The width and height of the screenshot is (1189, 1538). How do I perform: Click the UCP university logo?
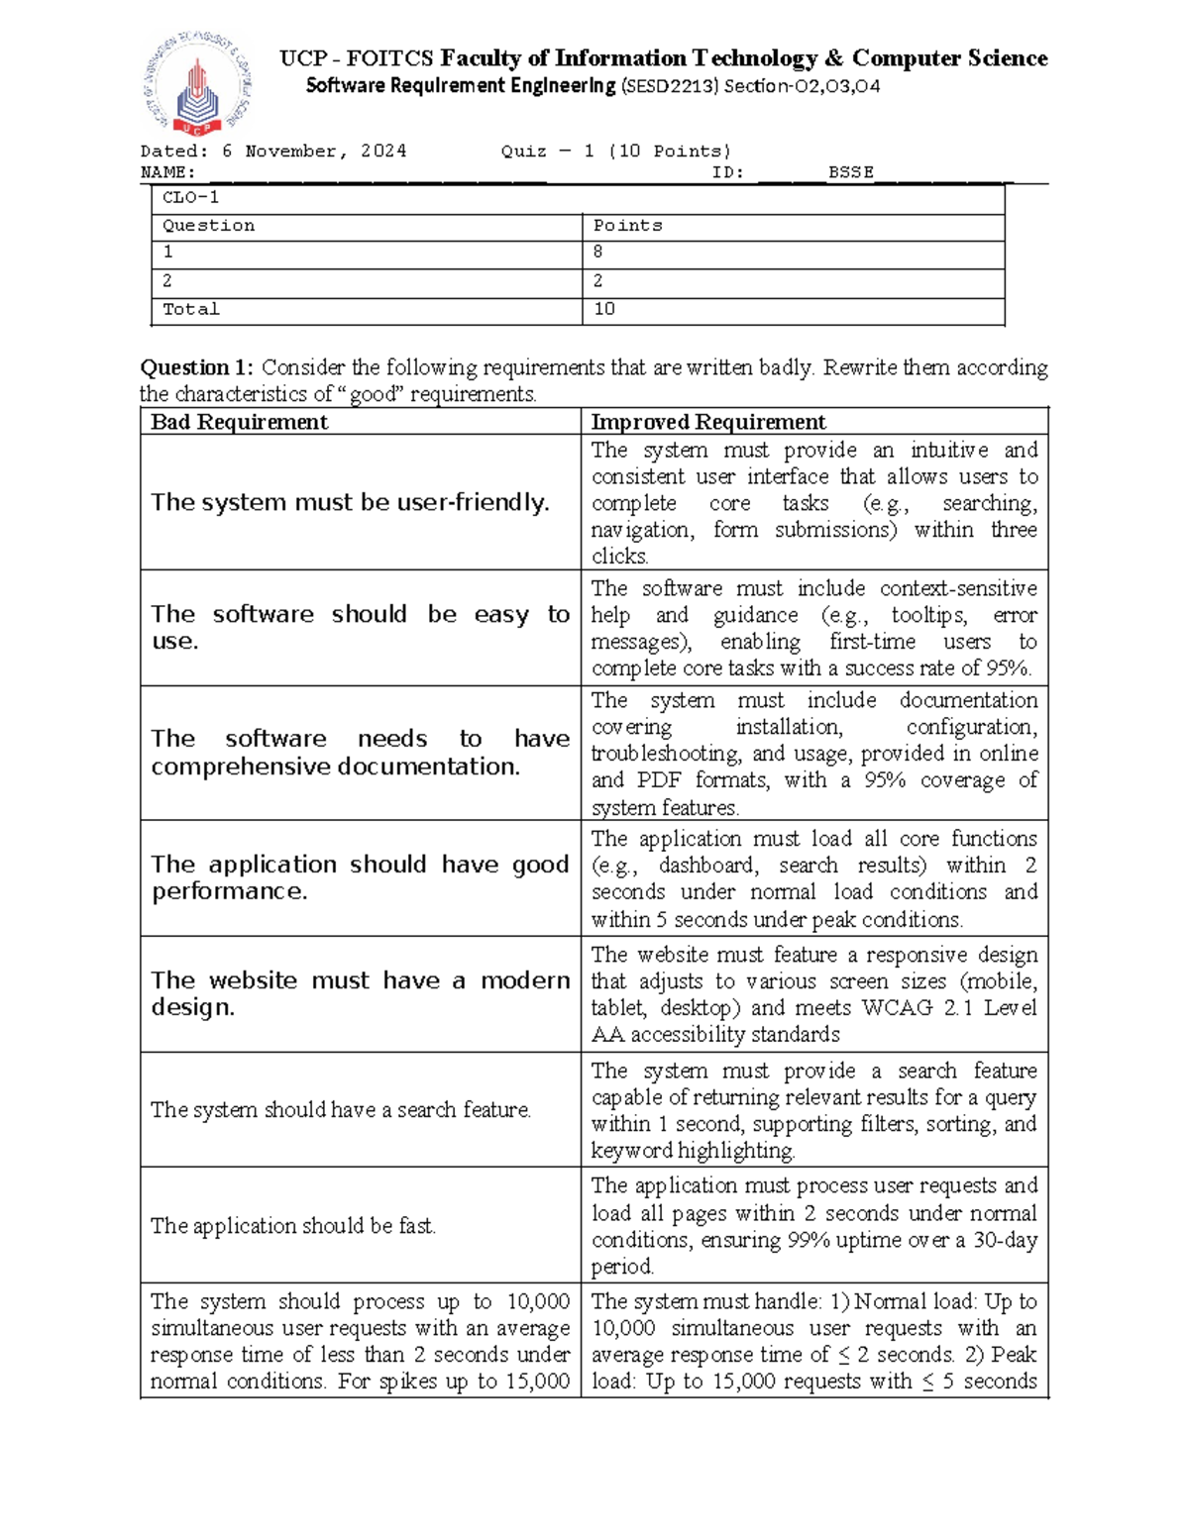click(x=199, y=86)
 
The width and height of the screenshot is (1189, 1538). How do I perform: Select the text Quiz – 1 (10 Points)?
click(x=615, y=151)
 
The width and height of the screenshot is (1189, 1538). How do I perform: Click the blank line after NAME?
click(x=377, y=174)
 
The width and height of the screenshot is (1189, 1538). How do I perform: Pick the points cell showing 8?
click(x=597, y=253)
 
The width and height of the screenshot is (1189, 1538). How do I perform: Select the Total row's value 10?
click(x=604, y=309)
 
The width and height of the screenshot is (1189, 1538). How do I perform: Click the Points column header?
click(x=627, y=226)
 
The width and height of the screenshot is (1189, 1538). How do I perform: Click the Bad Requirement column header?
click(x=239, y=422)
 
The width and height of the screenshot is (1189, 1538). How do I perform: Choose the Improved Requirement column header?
click(x=707, y=422)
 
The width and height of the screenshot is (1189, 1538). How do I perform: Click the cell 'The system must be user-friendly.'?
click(x=350, y=502)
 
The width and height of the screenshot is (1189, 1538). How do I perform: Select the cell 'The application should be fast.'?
click(x=293, y=1226)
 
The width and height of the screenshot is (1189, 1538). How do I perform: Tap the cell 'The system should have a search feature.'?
click(x=341, y=1110)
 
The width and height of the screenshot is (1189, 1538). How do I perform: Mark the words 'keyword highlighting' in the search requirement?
click(x=693, y=1151)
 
